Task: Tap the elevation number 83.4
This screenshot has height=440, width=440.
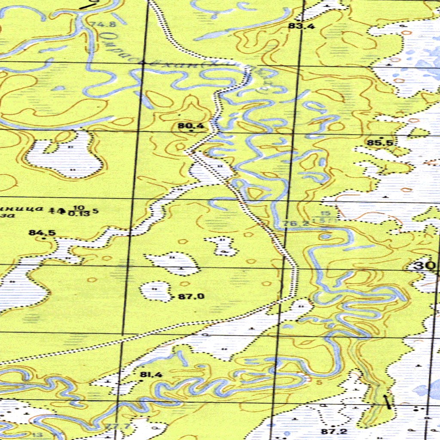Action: [x=302, y=27]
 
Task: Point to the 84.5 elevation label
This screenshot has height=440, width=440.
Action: [x=42, y=233]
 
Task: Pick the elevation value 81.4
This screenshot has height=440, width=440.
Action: [x=151, y=375]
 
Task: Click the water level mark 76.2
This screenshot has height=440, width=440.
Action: [x=296, y=223]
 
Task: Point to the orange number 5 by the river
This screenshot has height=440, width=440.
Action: [x=319, y=382]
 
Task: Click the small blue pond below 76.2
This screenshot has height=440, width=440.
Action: [x=326, y=236]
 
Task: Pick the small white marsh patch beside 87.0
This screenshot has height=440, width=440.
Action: [x=155, y=291]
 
